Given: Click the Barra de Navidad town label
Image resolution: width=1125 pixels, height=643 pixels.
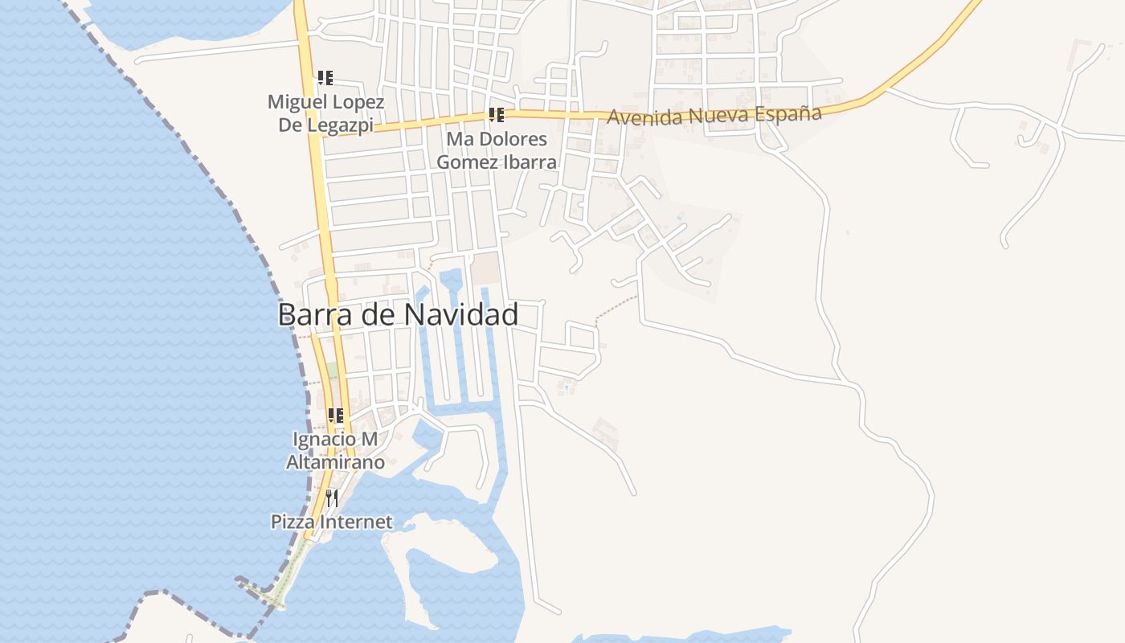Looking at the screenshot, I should pyautogui.click(x=398, y=314).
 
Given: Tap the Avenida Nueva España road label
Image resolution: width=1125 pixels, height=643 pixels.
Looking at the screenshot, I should pyautogui.click(x=714, y=115).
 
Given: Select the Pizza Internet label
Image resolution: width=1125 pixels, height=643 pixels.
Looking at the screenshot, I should pyautogui.click(x=331, y=522).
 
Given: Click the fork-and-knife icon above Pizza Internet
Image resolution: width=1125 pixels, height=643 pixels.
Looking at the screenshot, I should pyautogui.click(x=331, y=498).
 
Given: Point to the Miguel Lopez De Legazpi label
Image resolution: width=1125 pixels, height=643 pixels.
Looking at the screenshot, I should pyautogui.click(x=325, y=113).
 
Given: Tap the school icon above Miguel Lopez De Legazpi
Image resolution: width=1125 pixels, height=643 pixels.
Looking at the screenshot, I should pyautogui.click(x=325, y=78).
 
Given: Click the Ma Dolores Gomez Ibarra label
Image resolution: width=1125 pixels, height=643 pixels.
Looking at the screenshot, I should pyautogui.click(x=496, y=150).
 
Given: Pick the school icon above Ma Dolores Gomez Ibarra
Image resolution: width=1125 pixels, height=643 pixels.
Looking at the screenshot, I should pyautogui.click(x=496, y=115).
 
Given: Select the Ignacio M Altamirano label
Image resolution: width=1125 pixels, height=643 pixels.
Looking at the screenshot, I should pyautogui.click(x=335, y=451).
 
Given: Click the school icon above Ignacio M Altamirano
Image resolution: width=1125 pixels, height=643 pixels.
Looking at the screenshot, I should pyautogui.click(x=335, y=416).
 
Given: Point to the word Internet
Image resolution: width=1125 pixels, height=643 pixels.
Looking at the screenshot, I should pyautogui.click(x=356, y=522).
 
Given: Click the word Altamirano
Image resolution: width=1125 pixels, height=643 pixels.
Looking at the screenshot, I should pyautogui.click(x=335, y=462).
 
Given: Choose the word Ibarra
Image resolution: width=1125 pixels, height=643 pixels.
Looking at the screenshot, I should pyautogui.click(x=527, y=162).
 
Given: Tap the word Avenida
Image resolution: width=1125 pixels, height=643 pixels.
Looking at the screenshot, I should pyautogui.click(x=637, y=117).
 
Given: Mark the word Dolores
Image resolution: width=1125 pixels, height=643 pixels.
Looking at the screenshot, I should pyautogui.click(x=513, y=139).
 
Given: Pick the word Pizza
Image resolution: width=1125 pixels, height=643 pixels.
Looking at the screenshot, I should pyautogui.click(x=293, y=522).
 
